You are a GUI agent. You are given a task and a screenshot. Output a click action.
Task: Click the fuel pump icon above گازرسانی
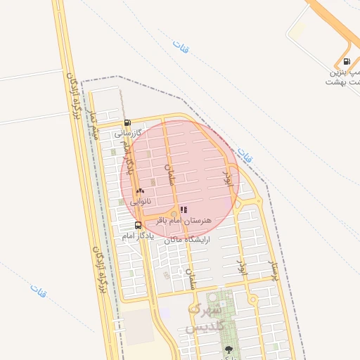127,122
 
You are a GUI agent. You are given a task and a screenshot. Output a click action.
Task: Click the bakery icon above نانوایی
140,191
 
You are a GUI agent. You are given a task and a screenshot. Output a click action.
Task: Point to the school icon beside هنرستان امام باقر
184,210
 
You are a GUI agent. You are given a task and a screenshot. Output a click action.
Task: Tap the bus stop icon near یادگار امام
138,225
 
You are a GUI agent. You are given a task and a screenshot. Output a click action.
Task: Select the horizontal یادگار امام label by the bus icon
138,236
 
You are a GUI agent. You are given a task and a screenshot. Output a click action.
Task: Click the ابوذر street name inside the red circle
227,182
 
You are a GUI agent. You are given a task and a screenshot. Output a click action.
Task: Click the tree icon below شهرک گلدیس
228,349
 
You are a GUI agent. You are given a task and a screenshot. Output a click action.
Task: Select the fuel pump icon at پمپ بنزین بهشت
347,61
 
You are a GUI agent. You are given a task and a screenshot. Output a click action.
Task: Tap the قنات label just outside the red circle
244,155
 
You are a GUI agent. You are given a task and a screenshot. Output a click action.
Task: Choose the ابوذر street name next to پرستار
242,266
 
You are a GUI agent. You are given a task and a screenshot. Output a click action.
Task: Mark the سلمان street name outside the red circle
190,279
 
